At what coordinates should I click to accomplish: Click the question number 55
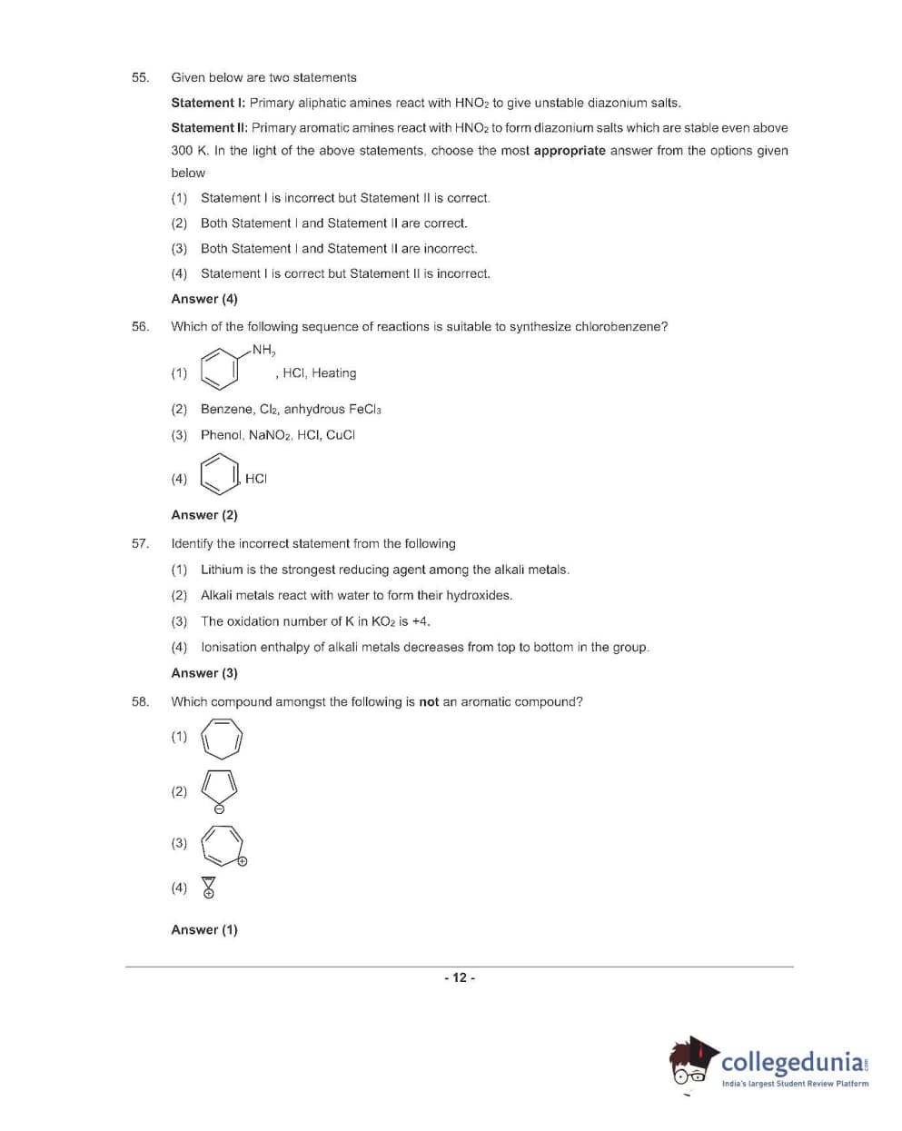coord(140,77)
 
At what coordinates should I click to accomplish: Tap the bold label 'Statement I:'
coord(208,103)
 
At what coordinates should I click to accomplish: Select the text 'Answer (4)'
coord(204,299)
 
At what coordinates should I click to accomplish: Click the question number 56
coord(140,326)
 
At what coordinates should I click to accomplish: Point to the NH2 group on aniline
coord(263,350)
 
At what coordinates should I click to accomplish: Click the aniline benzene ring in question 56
coord(220,369)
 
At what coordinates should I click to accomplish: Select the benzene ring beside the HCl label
coord(220,474)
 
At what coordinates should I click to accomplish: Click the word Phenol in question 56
coord(221,435)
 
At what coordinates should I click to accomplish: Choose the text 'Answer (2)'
coord(204,515)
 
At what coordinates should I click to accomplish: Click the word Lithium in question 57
coord(222,570)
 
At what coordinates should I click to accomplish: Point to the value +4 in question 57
coord(420,621)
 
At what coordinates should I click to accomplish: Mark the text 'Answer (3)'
coord(204,673)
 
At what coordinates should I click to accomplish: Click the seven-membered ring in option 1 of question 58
coord(222,738)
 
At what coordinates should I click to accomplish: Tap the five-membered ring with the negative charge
coord(220,787)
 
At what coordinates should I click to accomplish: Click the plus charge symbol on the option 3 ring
coord(243,861)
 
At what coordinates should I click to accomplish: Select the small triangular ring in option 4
coord(209,883)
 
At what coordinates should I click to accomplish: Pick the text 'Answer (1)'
coord(204,929)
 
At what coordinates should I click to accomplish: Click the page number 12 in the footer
coord(460,977)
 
